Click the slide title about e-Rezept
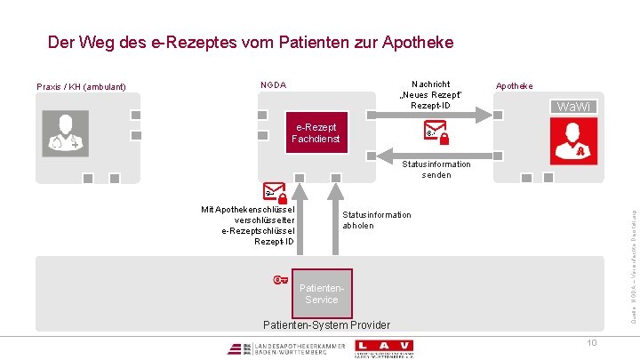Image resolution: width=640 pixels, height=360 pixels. pyautogui.click(x=250, y=42)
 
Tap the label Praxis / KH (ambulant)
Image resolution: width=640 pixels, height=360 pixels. pyautogui.click(x=81, y=87)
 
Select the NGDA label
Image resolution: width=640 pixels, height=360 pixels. pyautogui.click(x=273, y=85)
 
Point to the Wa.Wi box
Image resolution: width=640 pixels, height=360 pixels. pyautogui.click(x=573, y=107)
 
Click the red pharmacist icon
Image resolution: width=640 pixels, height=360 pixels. pyautogui.click(x=573, y=137)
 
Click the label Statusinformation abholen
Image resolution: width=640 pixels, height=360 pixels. pyautogui.click(x=377, y=220)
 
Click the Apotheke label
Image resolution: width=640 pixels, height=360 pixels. pyautogui.click(x=515, y=86)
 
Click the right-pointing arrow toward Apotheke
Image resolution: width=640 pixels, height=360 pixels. pyautogui.click(x=427, y=115)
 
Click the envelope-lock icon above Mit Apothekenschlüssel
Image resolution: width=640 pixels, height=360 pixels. pyautogui.click(x=275, y=193)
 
